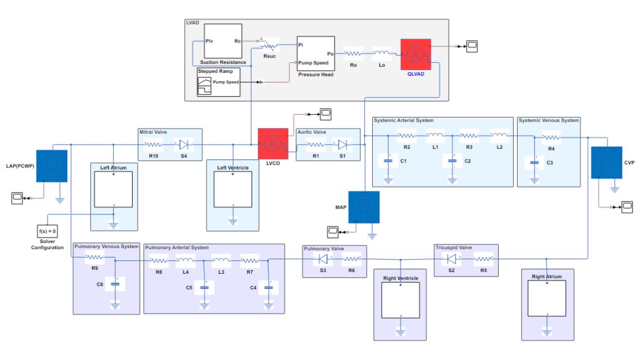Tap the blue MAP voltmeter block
click(x=364, y=207)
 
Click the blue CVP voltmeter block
click(x=606, y=161)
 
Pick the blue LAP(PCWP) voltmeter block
click(x=51, y=165)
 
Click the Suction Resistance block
click(x=222, y=44)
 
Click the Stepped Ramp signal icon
click(x=205, y=86)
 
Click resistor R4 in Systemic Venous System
click(x=551, y=136)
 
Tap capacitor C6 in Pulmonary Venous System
click(x=116, y=284)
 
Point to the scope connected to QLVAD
click(x=472, y=46)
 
